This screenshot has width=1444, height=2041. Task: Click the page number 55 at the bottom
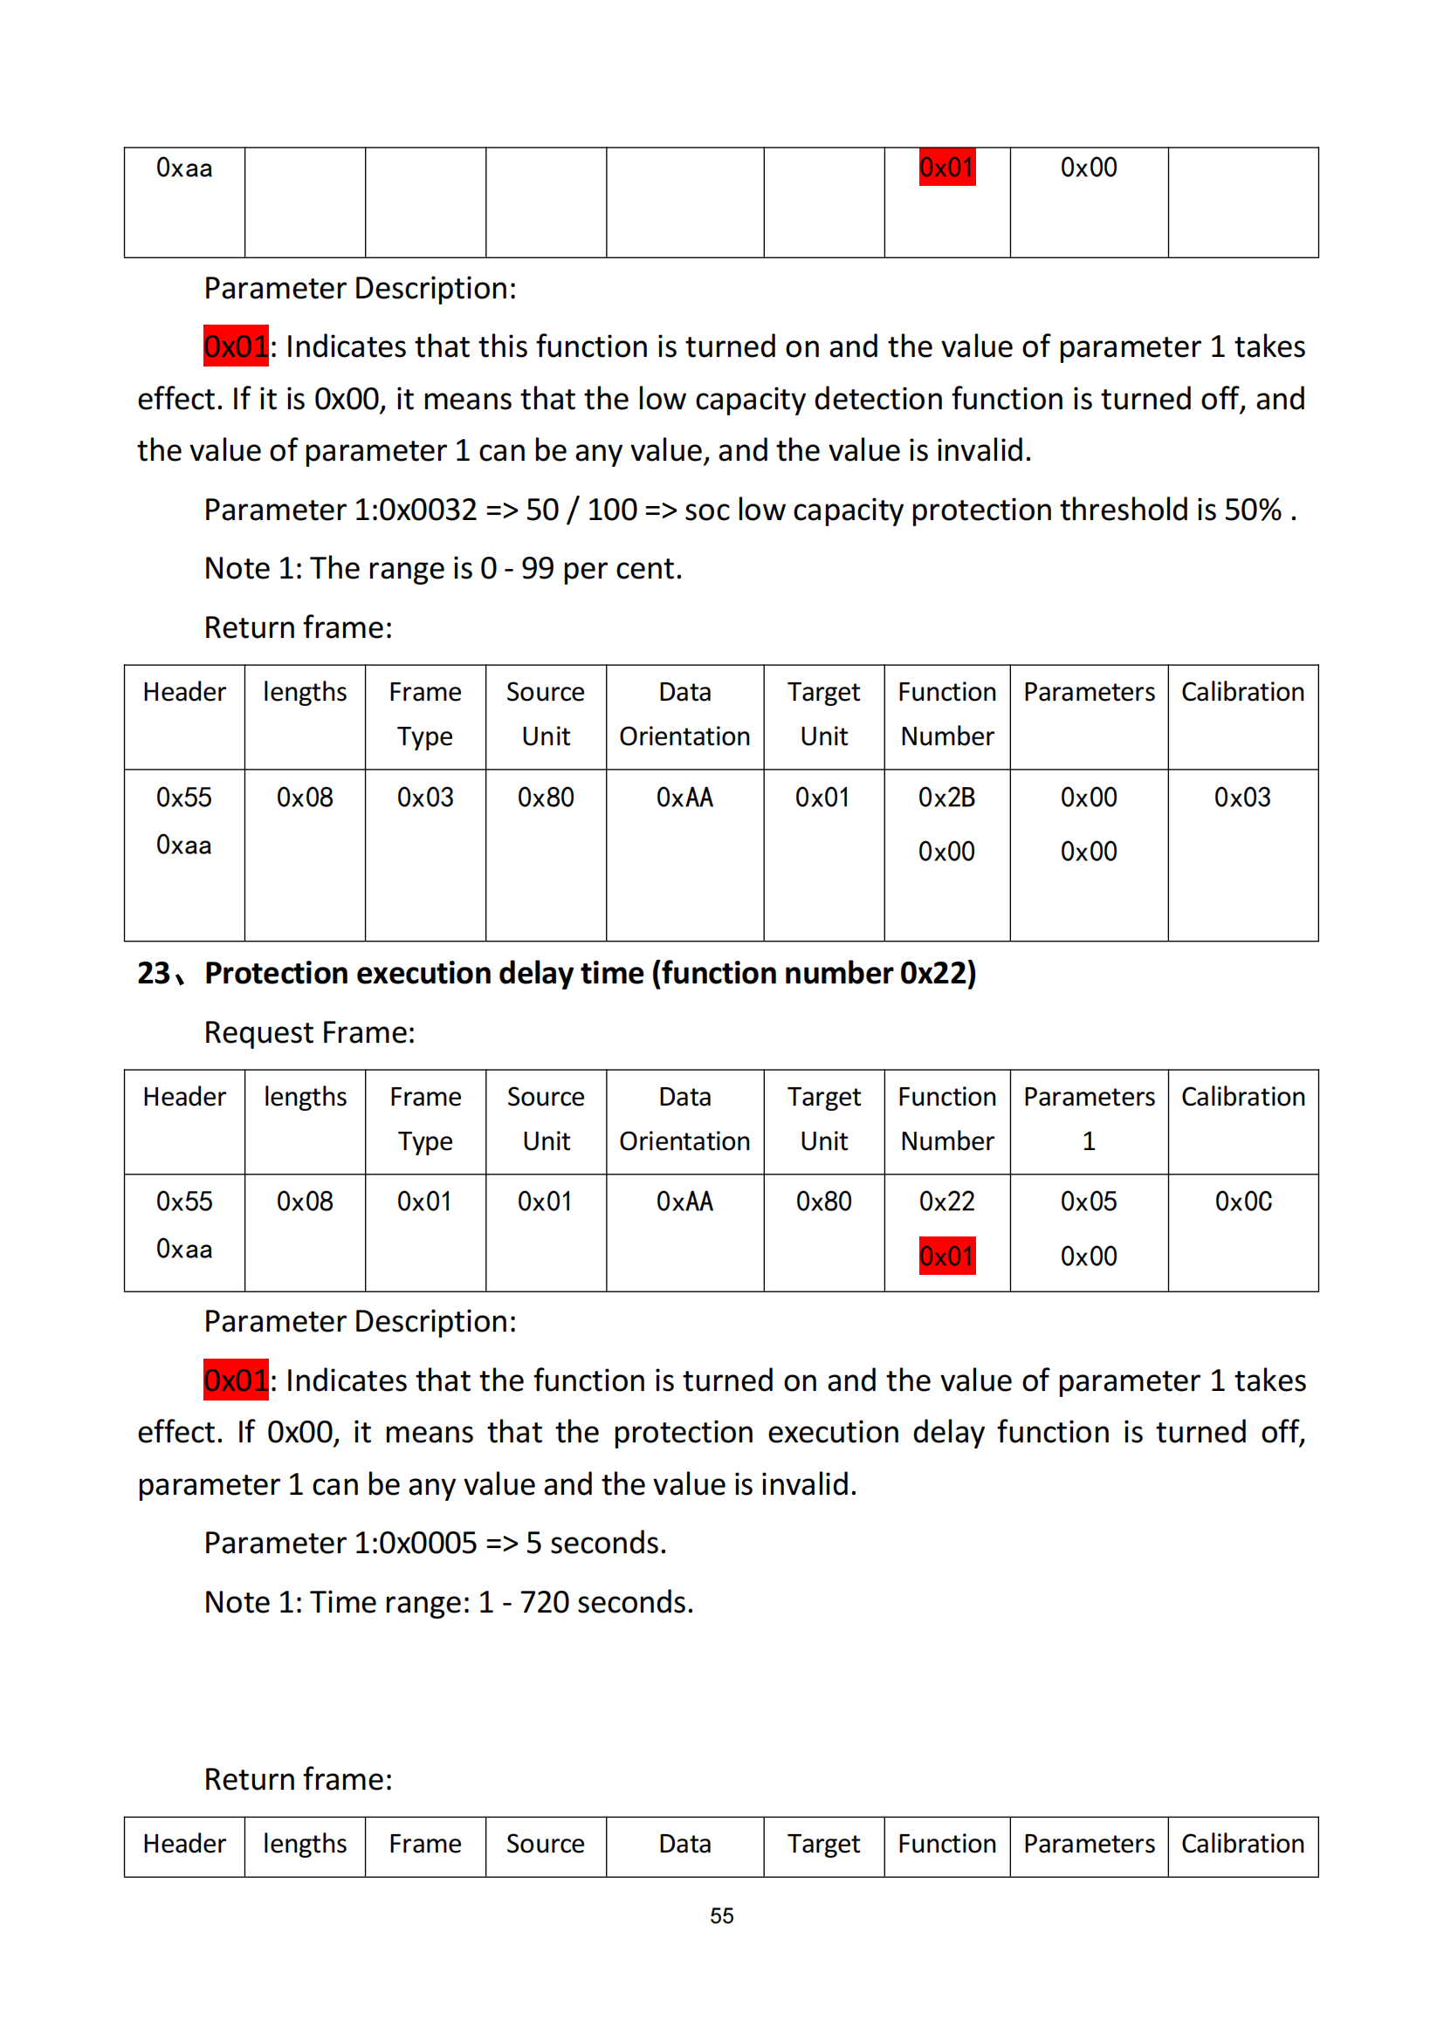pos(721,1915)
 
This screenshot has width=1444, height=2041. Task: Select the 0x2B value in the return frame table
pos(946,798)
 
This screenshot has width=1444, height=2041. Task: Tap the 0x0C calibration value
pos(1242,1201)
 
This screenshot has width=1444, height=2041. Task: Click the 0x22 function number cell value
pos(946,1201)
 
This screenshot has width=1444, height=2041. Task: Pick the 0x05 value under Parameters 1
pos(1089,1201)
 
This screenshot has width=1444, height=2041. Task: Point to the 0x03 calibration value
pos(1242,798)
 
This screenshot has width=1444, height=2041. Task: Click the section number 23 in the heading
pos(153,974)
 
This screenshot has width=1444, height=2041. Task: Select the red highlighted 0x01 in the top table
pos(946,168)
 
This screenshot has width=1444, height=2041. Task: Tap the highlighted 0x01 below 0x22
pos(946,1256)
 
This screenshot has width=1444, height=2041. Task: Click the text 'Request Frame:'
pos(309,1032)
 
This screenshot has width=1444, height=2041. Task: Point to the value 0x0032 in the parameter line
pos(429,510)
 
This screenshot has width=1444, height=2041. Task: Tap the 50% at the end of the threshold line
pos(1253,510)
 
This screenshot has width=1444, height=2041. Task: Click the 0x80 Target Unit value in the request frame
pos(823,1201)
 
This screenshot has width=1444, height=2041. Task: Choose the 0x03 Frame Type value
pos(425,798)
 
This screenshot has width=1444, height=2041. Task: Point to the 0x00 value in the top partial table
pos(1089,168)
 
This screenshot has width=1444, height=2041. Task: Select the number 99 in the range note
pos(537,568)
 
